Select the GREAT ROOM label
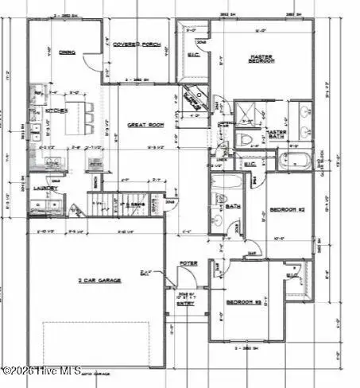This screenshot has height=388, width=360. coord(143,126)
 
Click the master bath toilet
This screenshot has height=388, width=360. coord(245,141)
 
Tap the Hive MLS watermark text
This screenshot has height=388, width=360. coord(36,371)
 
